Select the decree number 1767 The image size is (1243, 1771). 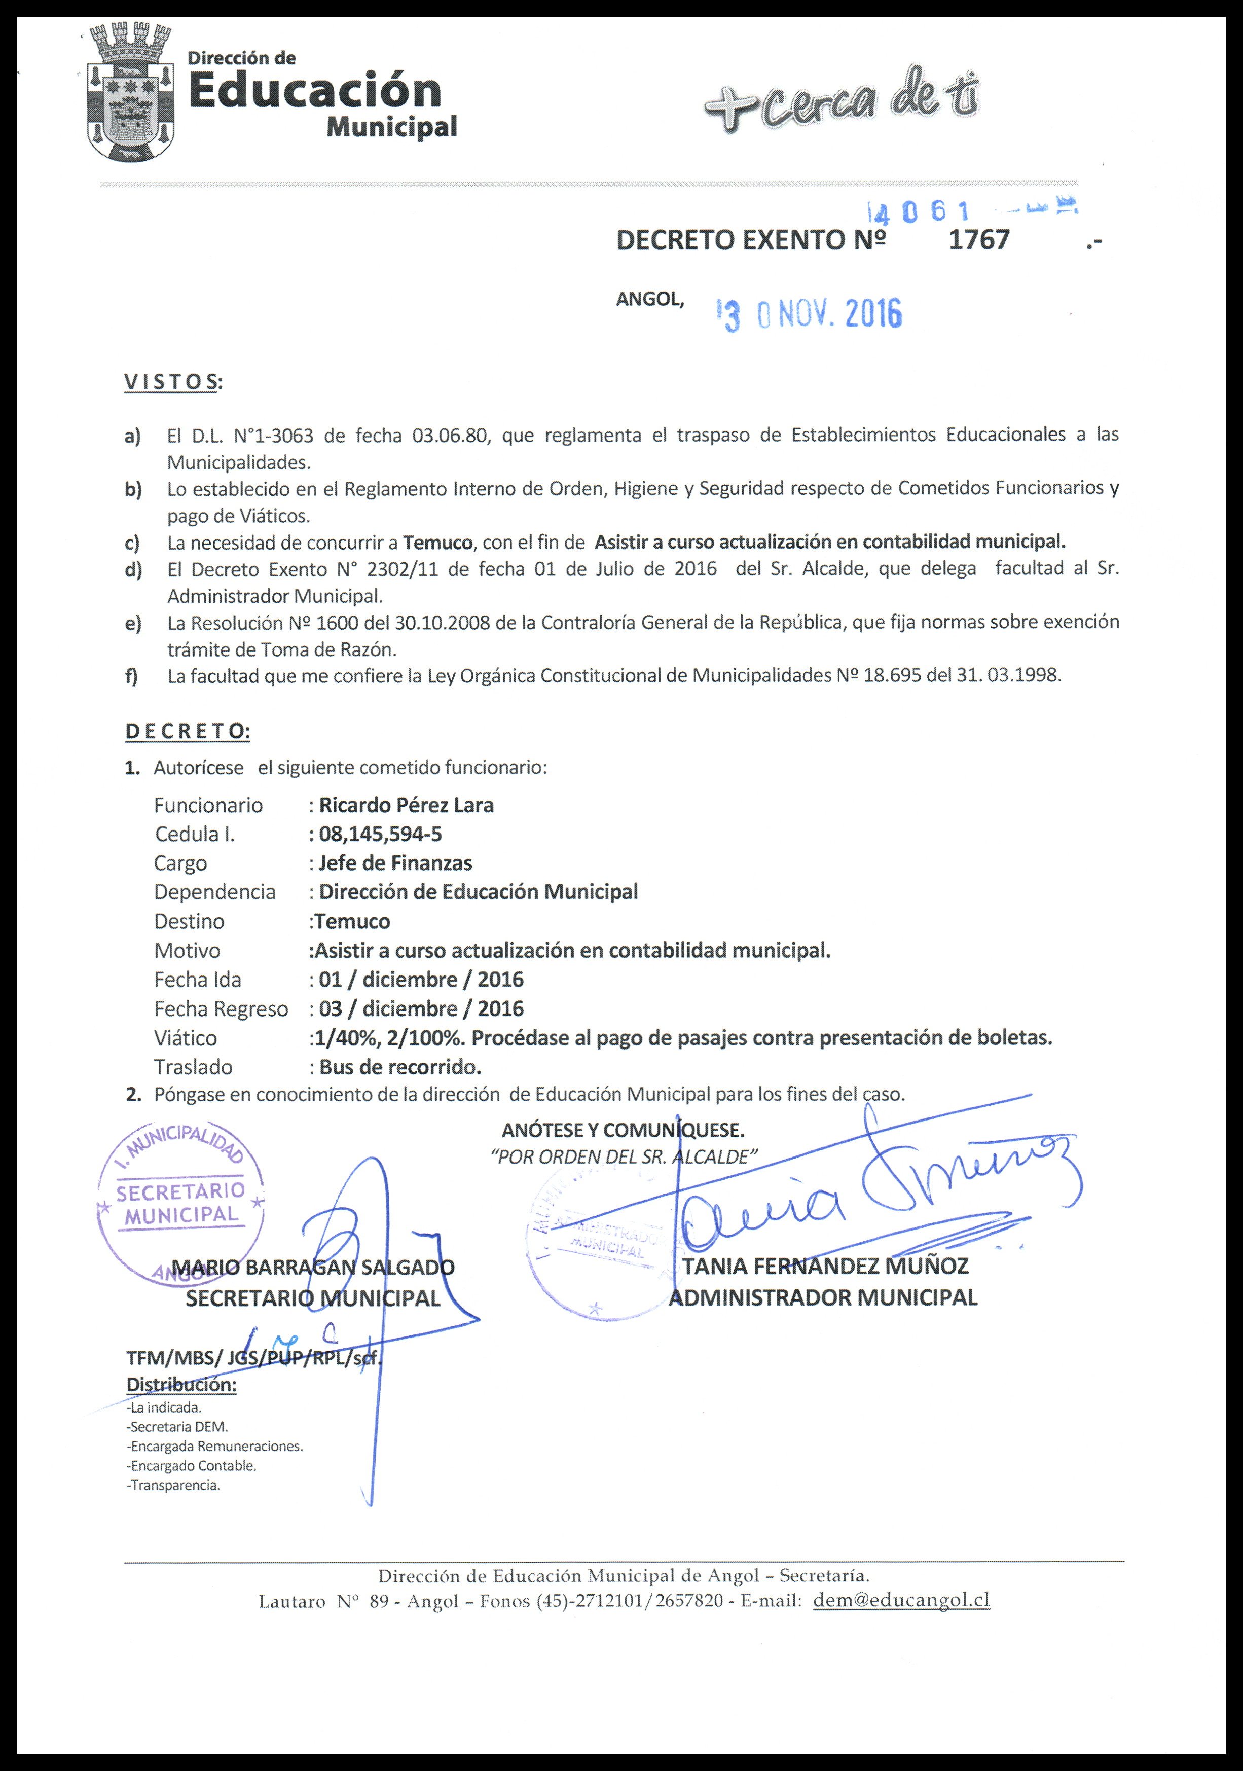coord(978,240)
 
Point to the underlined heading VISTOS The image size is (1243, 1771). coord(170,382)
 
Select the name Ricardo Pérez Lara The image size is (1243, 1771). coord(407,805)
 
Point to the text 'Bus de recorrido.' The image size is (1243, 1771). coord(399,1068)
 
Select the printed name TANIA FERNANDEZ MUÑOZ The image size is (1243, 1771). coord(825,1266)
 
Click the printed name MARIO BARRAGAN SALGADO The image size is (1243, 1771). coord(312,1268)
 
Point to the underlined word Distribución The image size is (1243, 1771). coord(181,1385)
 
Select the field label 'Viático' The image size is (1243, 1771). coord(185,1038)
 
